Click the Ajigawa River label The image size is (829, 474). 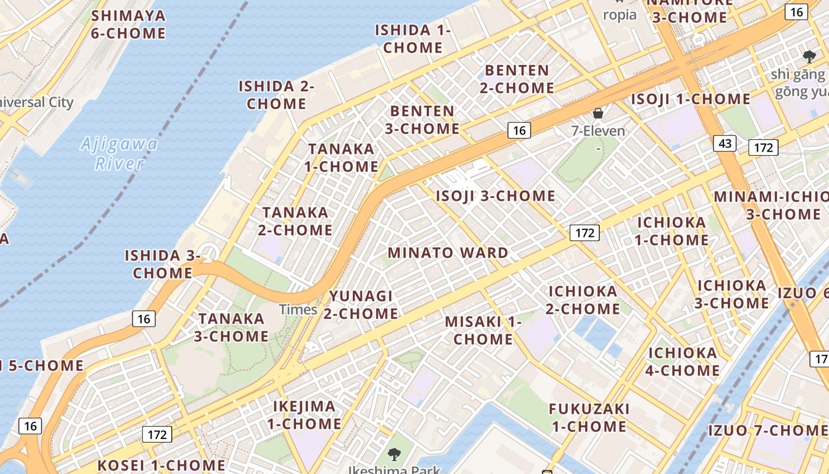point(120,153)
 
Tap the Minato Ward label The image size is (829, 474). point(448,253)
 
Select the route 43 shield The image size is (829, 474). point(725,143)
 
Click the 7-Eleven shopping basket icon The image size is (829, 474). point(598,113)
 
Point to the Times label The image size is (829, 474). point(298,309)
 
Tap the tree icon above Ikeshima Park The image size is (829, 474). point(393,454)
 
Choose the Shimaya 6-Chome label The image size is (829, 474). point(128,24)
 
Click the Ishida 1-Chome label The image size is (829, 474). point(413,39)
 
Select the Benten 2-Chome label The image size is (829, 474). point(517,79)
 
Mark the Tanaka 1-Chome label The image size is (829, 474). point(342,158)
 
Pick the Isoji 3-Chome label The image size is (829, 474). point(496,196)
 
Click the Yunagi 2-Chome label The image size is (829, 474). point(361,305)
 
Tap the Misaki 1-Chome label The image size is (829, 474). point(483,331)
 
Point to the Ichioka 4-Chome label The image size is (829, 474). point(683,362)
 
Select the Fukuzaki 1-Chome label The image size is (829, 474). point(589,418)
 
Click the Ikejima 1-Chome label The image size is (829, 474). point(304,415)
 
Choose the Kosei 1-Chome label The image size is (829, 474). point(161,465)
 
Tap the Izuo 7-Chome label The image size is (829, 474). point(767,430)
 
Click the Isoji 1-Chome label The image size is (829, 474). point(690,99)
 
